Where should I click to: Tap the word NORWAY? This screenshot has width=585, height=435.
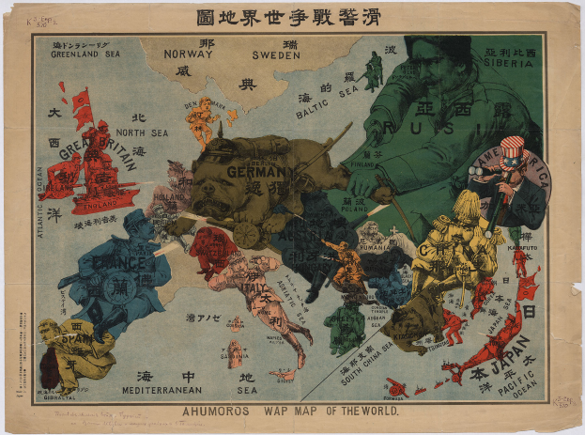(x=189, y=54)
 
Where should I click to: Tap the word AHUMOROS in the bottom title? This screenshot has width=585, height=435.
(x=201, y=411)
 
